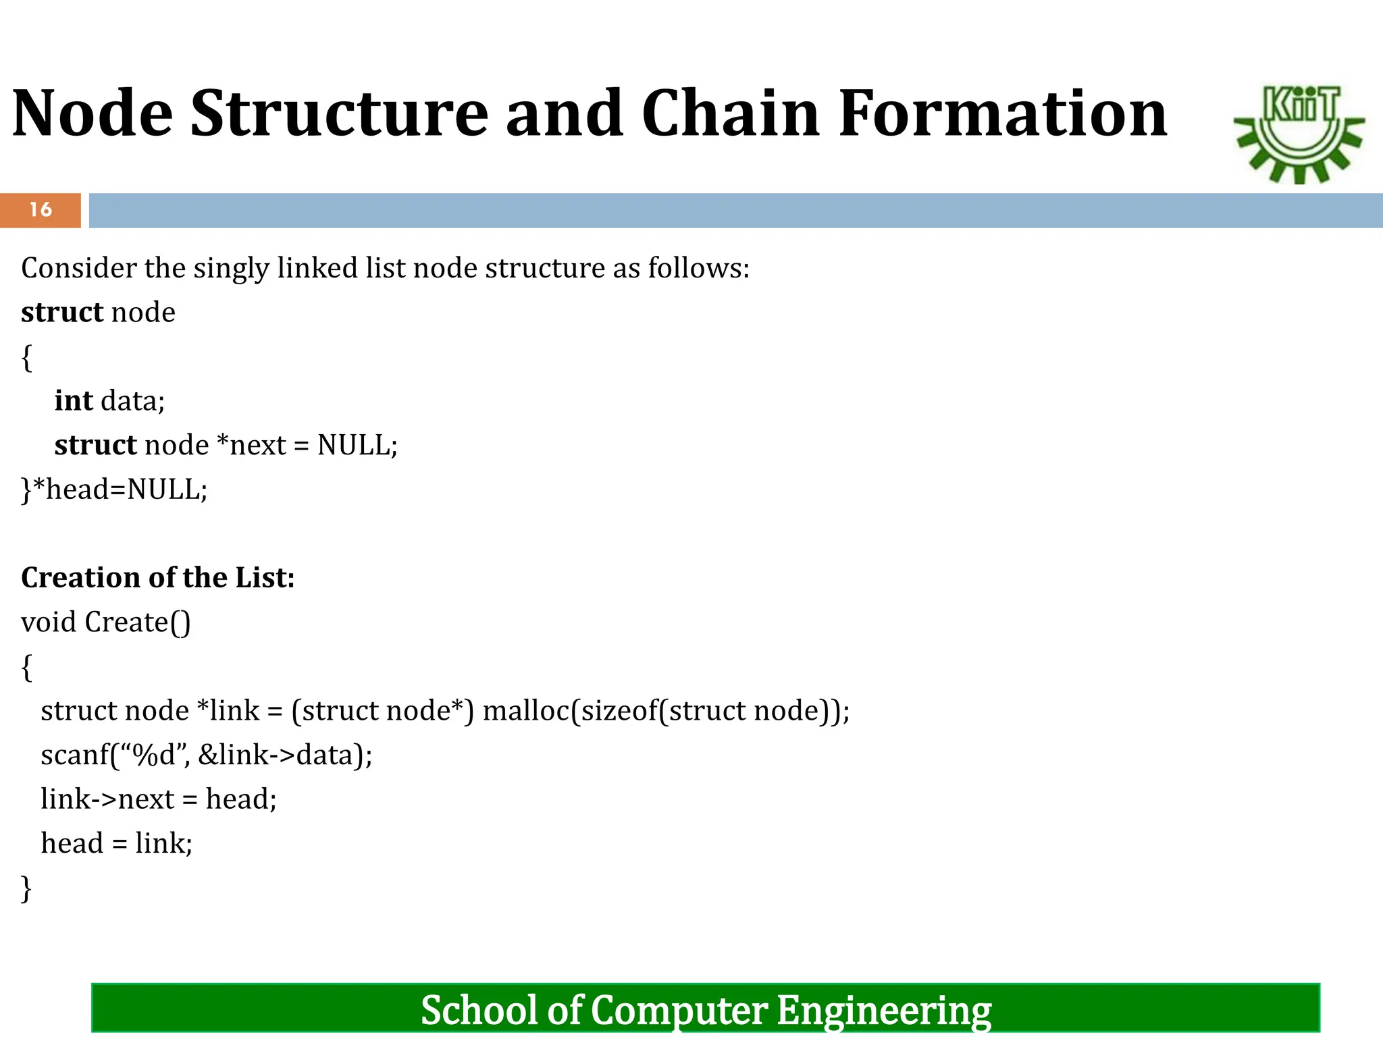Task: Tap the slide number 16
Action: click(x=41, y=210)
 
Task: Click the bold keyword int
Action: click(x=73, y=401)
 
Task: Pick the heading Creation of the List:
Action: click(x=157, y=578)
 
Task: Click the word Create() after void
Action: click(x=138, y=622)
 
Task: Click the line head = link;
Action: click(x=117, y=844)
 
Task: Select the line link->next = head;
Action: click(x=159, y=799)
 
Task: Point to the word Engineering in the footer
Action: click(x=883, y=1011)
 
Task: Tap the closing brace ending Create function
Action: click(x=26, y=888)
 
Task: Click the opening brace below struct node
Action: click(x=27, y=357)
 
